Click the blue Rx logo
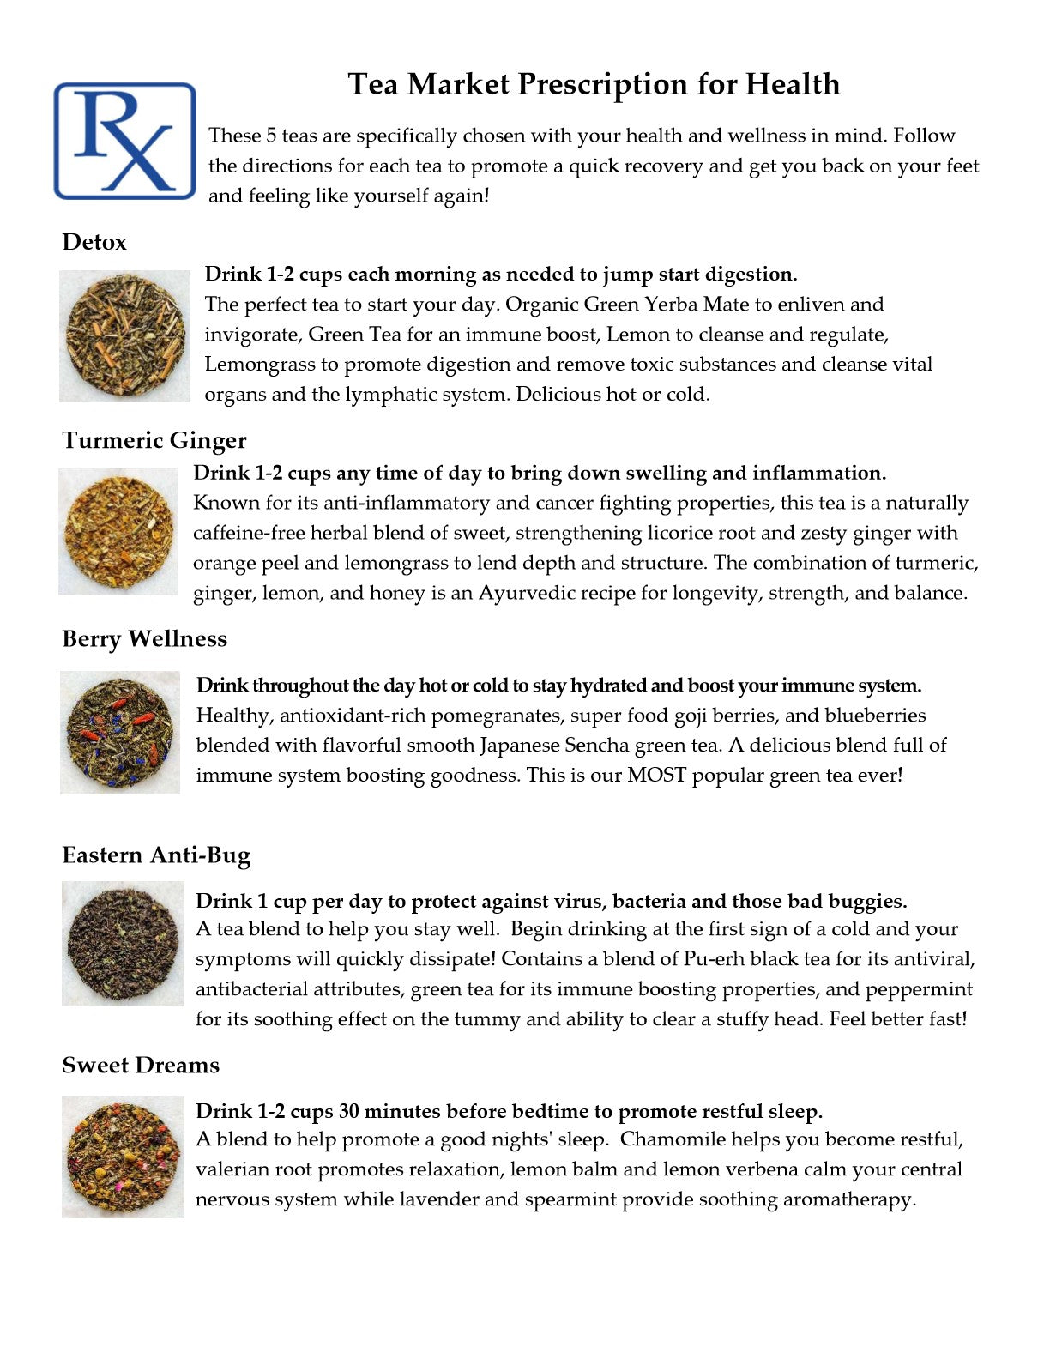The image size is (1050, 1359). pos(125,142)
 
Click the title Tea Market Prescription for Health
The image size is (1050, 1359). pos(594,84)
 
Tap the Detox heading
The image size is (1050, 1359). pos(94,242)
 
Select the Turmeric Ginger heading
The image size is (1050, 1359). pos(154,440)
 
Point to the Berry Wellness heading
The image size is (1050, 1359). pos(145,639)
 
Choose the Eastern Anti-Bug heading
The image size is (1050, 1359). pos(156,855)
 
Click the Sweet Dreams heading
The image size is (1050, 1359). pos(141,1066)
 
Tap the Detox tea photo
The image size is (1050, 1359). pos(124,336)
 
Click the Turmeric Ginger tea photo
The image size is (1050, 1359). pos(118,532)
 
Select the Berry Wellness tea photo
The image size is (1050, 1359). pos(120,733)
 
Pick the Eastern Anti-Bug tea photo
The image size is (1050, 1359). pos(123,944)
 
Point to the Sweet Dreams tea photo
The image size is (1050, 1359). pos(123,1157)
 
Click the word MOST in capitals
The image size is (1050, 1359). pos(657,776)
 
